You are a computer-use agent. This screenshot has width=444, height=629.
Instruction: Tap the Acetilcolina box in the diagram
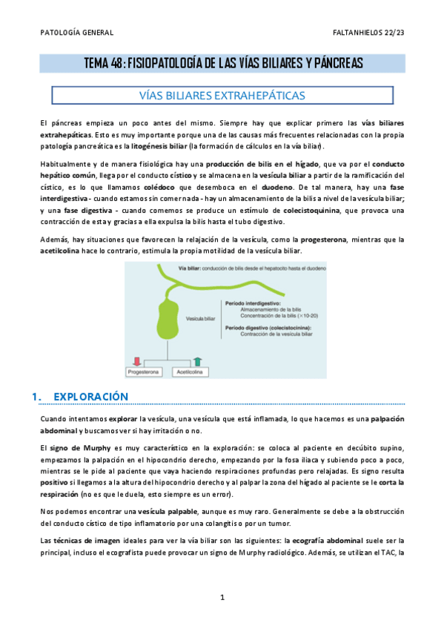pyautogui.click(x=188, y=371)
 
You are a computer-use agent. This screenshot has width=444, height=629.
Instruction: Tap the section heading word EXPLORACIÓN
pyautogui.click(x=91, y=397)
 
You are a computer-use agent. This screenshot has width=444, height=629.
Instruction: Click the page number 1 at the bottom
pyautogui.click(x=222, y=597)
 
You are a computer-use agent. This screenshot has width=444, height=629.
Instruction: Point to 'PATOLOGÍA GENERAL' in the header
pyautogui.click(x=76, y=33)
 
